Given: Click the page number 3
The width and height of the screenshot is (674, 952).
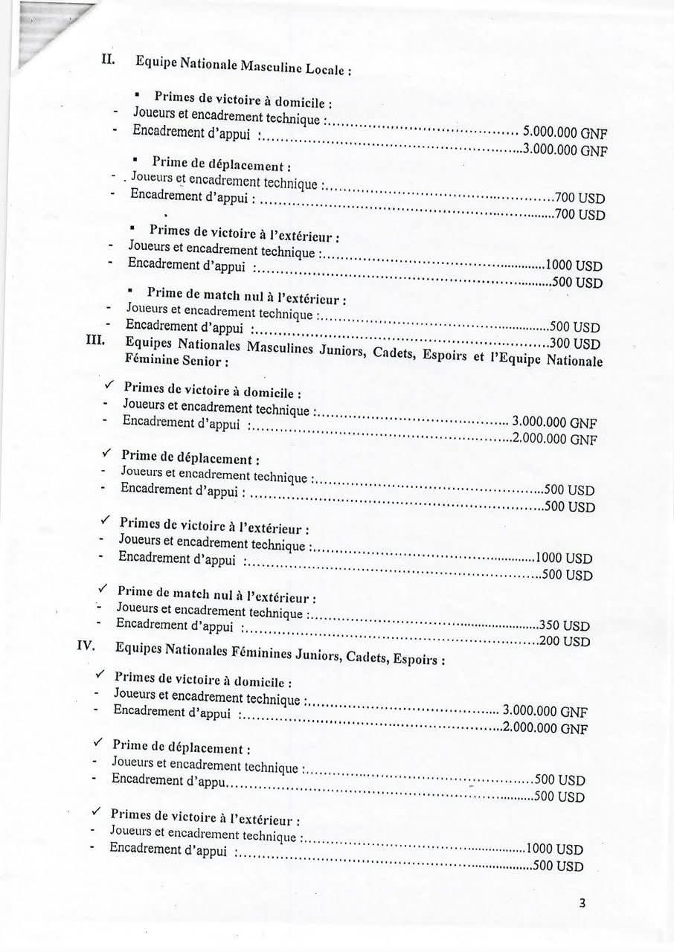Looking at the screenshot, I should coord(582,904).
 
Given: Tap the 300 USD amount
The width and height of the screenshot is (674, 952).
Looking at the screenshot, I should coord(574,344).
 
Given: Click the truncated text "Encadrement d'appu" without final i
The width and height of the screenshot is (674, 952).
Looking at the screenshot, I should coord(169,779).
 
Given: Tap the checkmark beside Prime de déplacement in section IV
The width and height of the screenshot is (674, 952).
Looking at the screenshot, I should coord(97,742).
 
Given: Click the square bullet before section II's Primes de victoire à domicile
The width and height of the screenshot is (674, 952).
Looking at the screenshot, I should coord(138,95).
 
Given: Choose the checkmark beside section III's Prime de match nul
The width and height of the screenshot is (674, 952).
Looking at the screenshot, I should coord(103,588).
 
